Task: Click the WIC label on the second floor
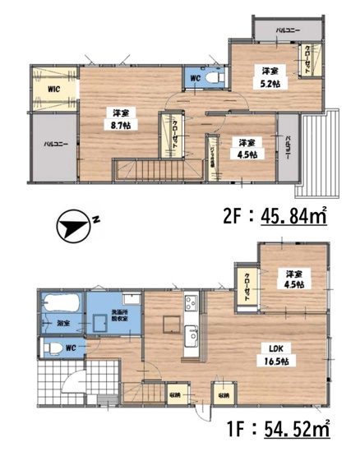pos(52,89)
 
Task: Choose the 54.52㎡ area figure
pos(293,429)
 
